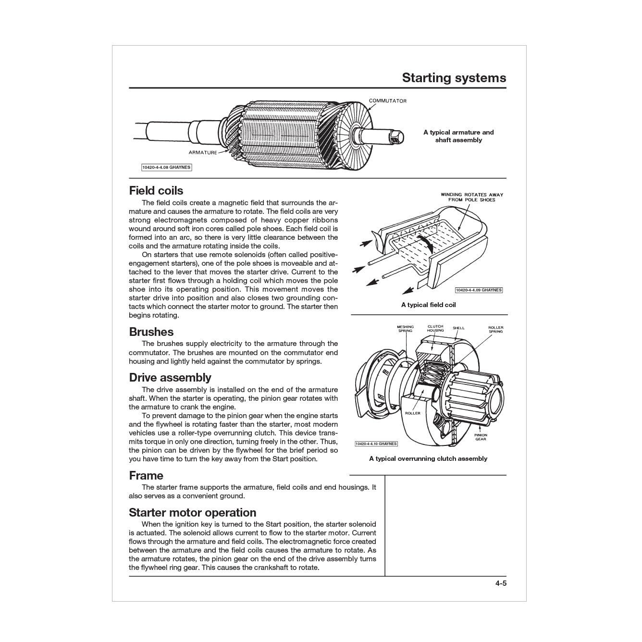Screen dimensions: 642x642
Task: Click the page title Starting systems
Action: [454, 78]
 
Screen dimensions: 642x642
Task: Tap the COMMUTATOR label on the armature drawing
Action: [387, 101]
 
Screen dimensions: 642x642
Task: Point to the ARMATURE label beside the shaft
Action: [202, 152]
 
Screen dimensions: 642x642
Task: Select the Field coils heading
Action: [156, 190]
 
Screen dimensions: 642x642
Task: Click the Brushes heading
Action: [151, 332]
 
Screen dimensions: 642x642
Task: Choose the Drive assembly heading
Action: [170, 377]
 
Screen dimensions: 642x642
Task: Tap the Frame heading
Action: [146, 475]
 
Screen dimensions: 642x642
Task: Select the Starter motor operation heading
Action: [192, 512]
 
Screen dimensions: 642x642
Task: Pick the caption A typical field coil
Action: [428, 305]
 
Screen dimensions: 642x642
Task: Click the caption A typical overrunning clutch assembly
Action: [428, 458]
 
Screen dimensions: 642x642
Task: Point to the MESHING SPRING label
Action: [405, 329]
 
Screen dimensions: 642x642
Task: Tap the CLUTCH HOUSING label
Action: [435, 328]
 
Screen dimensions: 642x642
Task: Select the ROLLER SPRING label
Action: [495, 329]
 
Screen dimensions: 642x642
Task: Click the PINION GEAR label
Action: [481, 437]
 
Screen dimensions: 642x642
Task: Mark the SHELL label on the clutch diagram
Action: [458, 328]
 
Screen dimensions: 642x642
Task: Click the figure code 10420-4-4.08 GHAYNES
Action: [166, 167]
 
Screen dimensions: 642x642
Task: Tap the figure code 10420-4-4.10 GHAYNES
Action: [376, 444]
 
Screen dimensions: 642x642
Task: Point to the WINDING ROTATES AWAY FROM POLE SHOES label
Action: [472, 197]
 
